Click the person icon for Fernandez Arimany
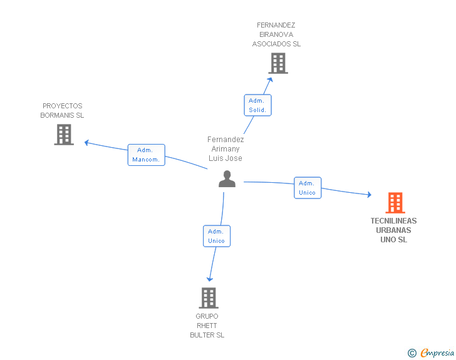tap(227, 179)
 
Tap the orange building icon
tap(395, 203)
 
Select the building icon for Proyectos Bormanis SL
tap(64, 135)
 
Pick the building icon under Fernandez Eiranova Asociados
tap(278, 63)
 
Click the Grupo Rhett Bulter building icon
tap(209, 298)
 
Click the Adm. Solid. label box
tap(257, 105)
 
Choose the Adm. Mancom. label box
tap(147, 155)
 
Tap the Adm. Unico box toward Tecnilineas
tap(308, 188)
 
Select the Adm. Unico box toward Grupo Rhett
tap(217, 236)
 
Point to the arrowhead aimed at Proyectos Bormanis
tap(86, 143)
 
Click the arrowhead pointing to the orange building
tap(370, 195)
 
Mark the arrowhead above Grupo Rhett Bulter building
tap(210, 279)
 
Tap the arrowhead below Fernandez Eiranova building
tap(271, 80)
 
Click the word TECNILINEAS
tap(393, 221)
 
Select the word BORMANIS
tap(57, 115)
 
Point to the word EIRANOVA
tap(276, 34)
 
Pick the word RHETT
tap(207, 326)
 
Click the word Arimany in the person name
tap(225, 149)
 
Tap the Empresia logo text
tap(437, 352)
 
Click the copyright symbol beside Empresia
tap(412, 353)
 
